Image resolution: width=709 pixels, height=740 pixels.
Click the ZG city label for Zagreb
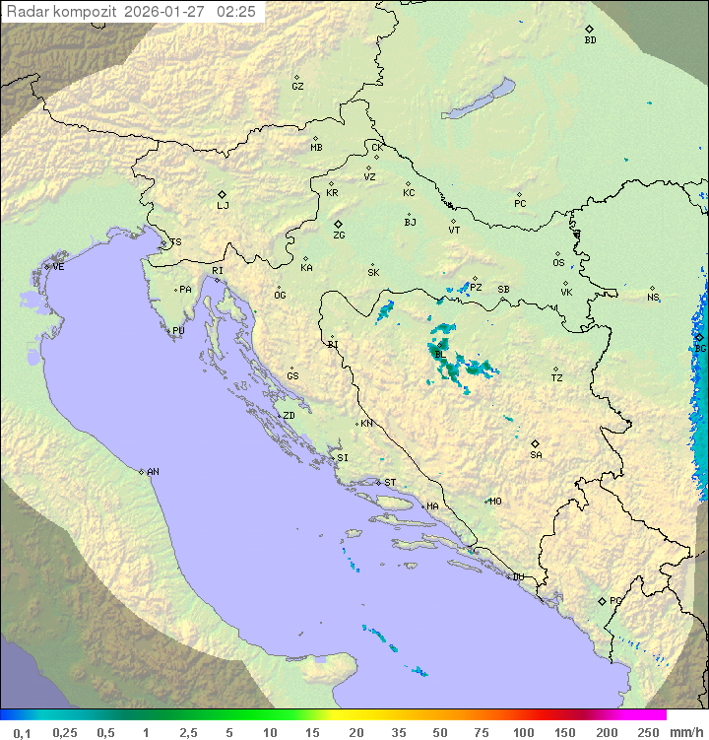pyautogui.click(x=339, y=235)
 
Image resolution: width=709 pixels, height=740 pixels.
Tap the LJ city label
pyautogui.click(x=223, y=206)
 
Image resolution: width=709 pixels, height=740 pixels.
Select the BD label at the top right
pyautogui.click(x=590, y=40)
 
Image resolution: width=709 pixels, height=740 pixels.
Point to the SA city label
pyautogui.click(x=536, y=455)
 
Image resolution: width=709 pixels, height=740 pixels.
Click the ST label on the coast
pyautogui.click(x=390, y=483)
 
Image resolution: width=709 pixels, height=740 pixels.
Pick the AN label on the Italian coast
pyautogui.click(x=153, y=472)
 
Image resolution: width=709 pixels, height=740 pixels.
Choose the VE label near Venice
pyautogui.click(x=58, y=267)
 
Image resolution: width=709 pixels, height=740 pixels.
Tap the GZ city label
pyautogui.click(x=297, y=87)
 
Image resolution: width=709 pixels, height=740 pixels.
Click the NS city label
pyautogui.click(x=653, y=298)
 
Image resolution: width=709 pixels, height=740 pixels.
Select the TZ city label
pyautogui.click(x=557, y=378)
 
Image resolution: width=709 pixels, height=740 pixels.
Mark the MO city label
pyautogui.click(x=495, y=502)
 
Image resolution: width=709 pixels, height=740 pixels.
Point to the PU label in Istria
pyautogui.click(x=178, y=331)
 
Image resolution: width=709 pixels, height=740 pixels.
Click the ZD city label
pyautogui.click(x=289, y=416)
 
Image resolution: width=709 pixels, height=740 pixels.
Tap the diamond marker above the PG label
pyautogui.click(x=602, y=600)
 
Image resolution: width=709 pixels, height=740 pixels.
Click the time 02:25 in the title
pyautogui.click(x=237, y=12)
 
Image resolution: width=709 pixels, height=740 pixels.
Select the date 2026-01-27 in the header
pyautogui.click(x=166, y=12)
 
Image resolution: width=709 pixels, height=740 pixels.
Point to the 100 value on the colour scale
pyautogui.click(x=523, y=732)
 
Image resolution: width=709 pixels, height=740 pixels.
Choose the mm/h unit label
pyautogui.click(x=686, y=732)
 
